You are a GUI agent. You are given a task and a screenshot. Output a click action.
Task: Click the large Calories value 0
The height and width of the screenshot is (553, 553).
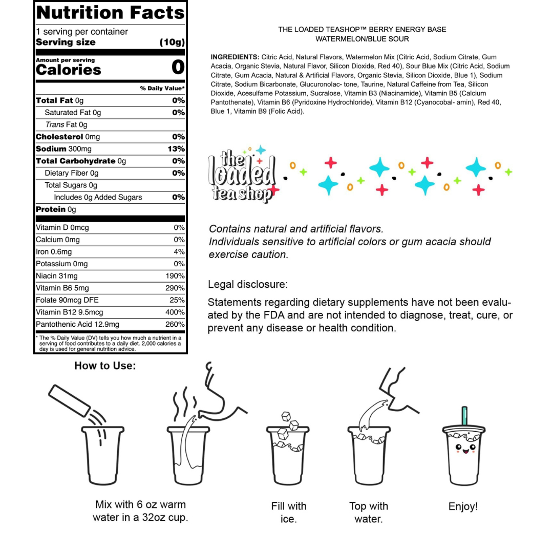[177, 67]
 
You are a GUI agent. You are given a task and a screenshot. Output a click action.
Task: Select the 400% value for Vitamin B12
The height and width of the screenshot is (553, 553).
[175, 312]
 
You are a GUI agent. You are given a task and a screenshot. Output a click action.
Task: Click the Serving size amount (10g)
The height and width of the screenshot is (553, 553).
[172, 42]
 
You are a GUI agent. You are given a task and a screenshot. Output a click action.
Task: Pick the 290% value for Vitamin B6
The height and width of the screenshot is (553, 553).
[175, 288]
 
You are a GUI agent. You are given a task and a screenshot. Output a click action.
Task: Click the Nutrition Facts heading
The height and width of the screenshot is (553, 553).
[110, 12]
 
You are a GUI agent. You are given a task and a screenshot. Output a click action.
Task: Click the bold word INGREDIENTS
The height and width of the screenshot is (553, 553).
[235, 57]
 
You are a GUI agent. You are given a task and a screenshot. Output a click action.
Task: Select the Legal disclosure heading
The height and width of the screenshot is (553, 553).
[248, 284]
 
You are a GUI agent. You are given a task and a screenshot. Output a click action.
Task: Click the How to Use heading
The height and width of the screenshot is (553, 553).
[105, 366]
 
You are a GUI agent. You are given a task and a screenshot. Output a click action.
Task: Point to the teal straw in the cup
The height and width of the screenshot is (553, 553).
[465, 417]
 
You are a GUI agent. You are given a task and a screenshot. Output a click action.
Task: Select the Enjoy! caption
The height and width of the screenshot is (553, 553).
[463, 506]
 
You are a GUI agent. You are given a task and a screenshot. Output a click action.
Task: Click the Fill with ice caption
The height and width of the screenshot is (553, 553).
[289, 513]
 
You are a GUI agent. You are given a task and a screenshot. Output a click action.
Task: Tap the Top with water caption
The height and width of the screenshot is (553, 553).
[369, 513]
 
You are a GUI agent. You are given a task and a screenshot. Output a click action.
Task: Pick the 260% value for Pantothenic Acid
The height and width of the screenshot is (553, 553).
[175, 325]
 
